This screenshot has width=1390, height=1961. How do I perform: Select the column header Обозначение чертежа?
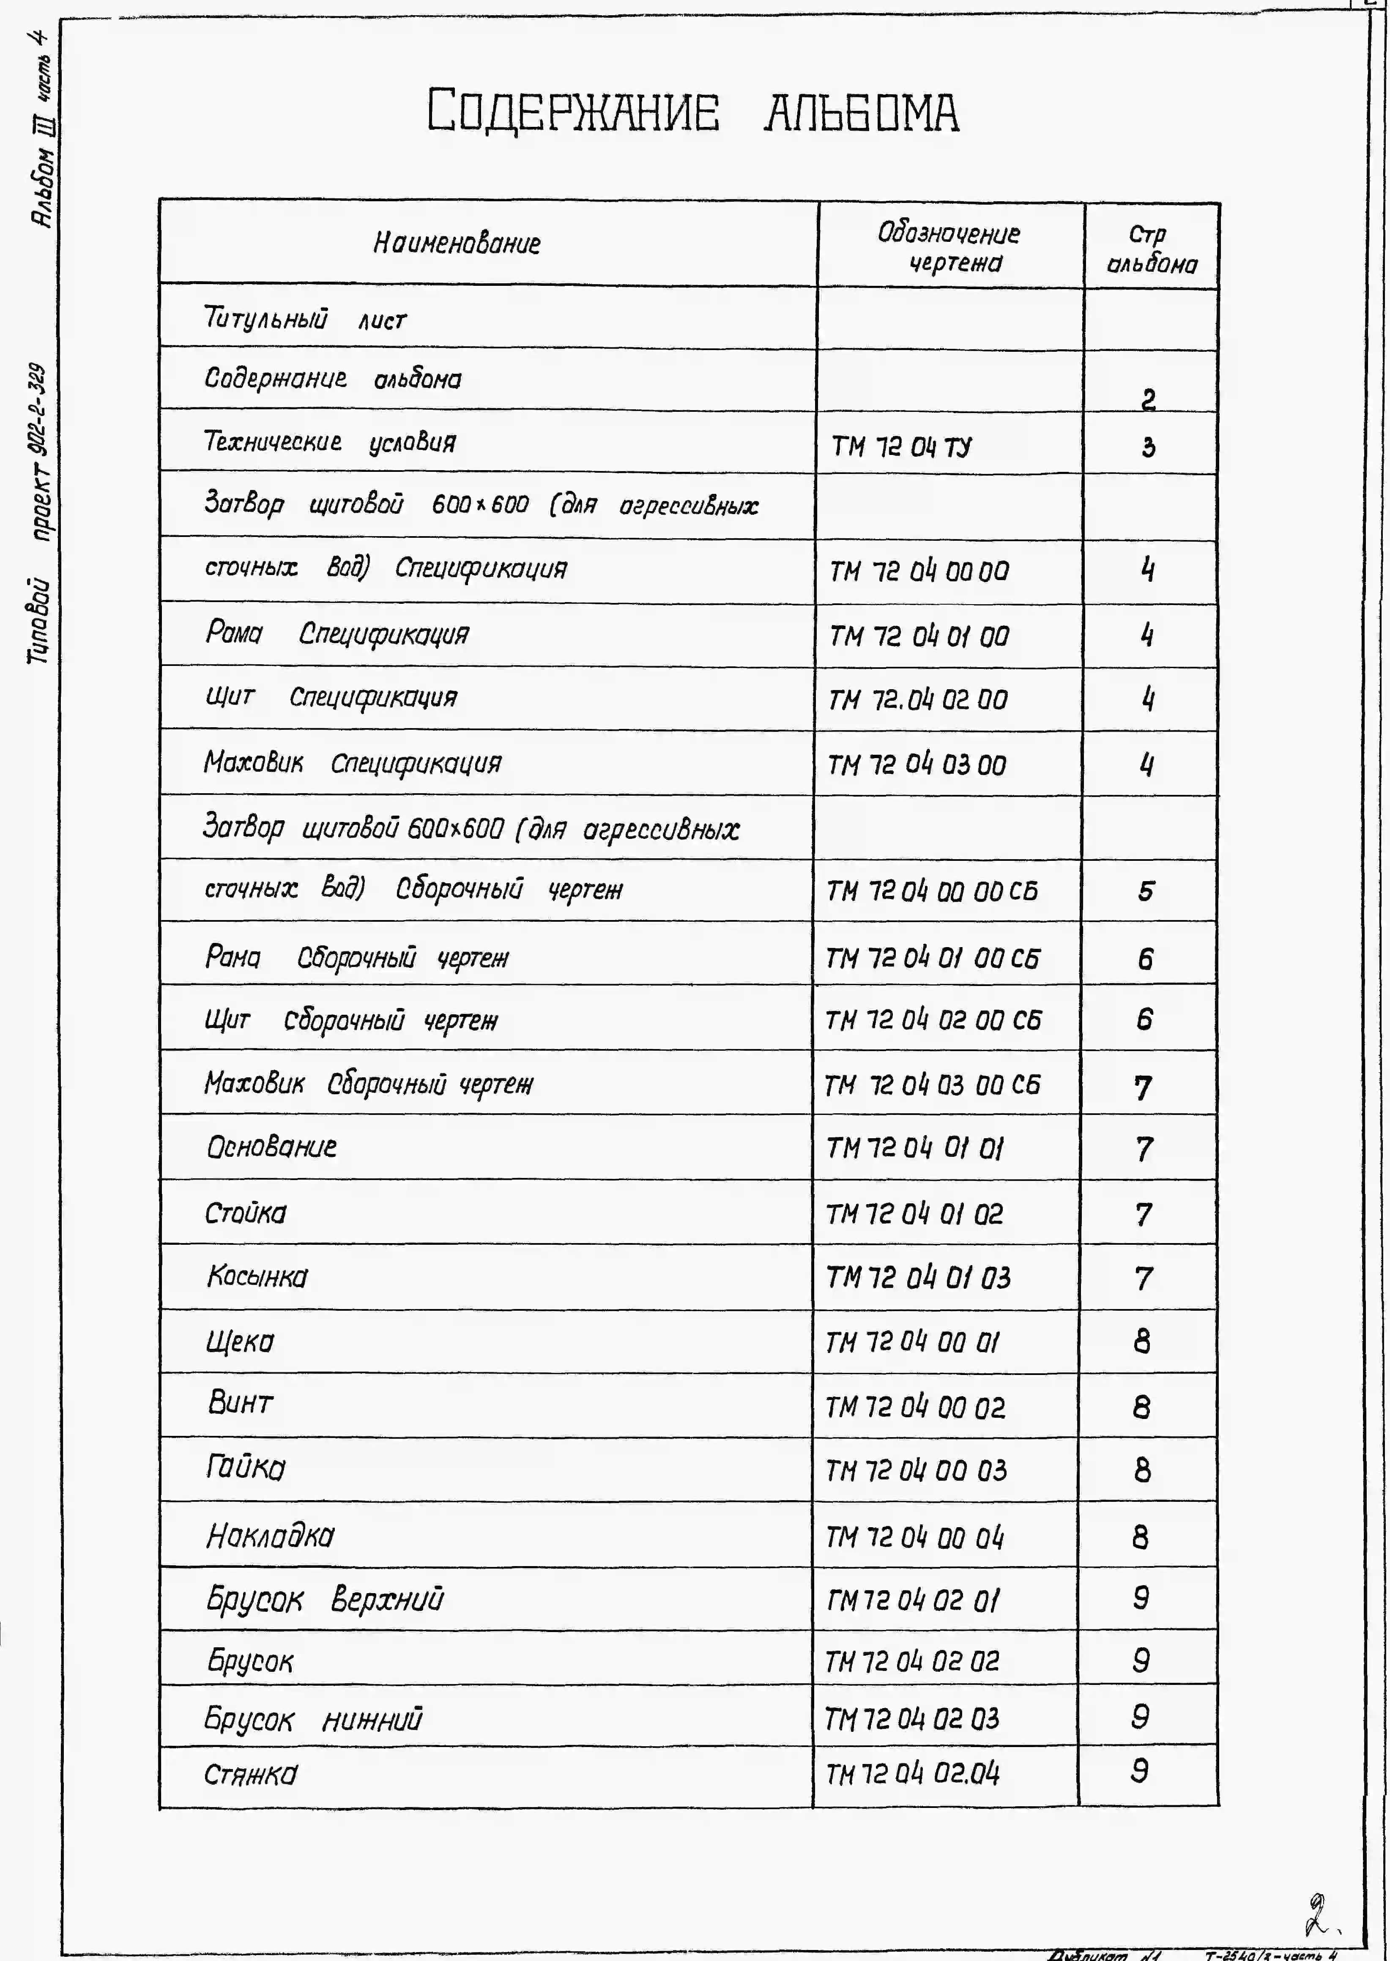coord(949,247)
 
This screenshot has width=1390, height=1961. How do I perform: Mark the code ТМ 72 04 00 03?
coord(915,1471)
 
